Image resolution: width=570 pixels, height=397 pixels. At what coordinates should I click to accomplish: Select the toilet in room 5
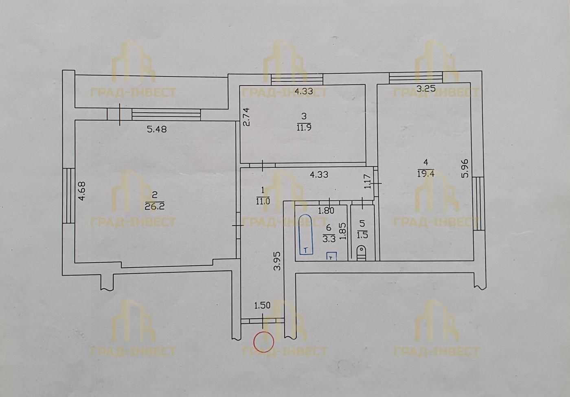pyautogui.click(x=362, y=253)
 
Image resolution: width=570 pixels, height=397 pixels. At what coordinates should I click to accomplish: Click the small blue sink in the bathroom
pyautogui.click(x=331, y=256)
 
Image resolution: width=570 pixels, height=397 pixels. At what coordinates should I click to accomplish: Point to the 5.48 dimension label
pyautogui.click(x=157, y=129)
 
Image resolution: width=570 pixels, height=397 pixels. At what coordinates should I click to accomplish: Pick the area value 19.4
pyautogui.click(x=426, y=174)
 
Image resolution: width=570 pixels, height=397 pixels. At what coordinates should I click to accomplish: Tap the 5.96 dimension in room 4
pyautogui.click(x=465, y=169)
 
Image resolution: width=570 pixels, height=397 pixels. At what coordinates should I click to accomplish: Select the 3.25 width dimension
pyautogui.click(x=426, y=89)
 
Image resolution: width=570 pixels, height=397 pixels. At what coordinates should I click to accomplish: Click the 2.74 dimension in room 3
pyautogui.click(x=246, y=117)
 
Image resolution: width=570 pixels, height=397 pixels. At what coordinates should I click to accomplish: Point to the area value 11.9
pyautogui.click(x=304, y=127)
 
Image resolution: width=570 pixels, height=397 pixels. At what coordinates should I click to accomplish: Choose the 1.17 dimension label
pyautogui.click(x=367, y=181)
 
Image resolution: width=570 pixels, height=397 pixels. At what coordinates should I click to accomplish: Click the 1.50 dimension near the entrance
pyautogui.click(x=262, y=305)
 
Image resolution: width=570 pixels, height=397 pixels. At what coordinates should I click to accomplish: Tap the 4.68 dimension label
pyautogui.click(x=82, y=191)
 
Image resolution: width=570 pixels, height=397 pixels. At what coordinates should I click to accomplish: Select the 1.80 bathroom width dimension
pyautogui.click(x=326, y=211)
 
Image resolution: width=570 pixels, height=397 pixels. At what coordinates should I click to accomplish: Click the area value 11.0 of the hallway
pyautogui.click(x=263, y=202)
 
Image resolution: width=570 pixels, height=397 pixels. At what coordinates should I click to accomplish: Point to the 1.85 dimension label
pyautogui.click(x=343, y=231)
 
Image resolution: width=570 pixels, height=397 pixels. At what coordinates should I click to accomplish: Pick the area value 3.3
pyautogui.click(x=329, y=239)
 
